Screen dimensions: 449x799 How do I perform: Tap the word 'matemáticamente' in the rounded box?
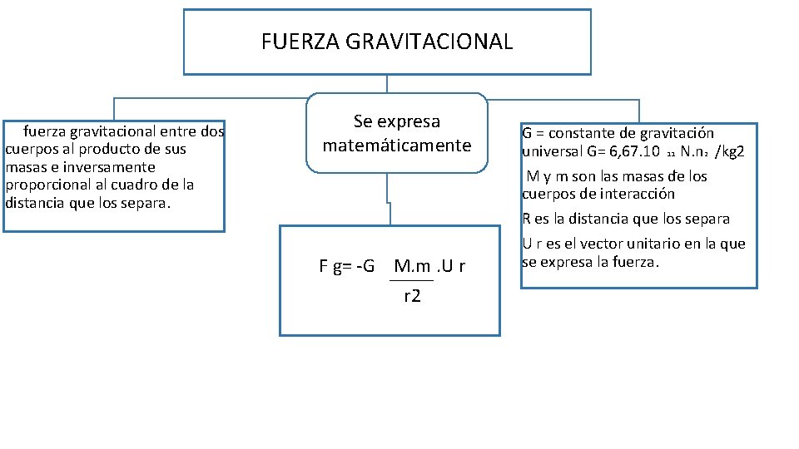pyautogui.click(x=397, y=146)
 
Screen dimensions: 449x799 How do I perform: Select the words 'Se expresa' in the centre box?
pyautogui.click(x=397, y=121)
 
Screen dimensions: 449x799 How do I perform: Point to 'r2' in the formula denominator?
pyautogui.click(x=412, y=295)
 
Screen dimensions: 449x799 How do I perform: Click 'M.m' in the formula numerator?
pyautogui.click(x=413, y=266)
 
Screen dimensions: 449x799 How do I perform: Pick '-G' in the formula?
pyautogui.click(x=364, y=266)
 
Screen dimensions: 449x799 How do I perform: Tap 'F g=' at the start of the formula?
pyautogui.click(x=335, y=266)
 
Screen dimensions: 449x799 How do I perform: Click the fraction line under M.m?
pyautogui.click(x=412, y=280)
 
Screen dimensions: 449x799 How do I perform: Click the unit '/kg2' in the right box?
pyautogui.click(x=730, y=152)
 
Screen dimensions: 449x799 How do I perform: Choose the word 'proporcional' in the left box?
pyautogui.click(x=45, y=185)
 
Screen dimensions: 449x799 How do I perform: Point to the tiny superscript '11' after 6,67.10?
pyautogui.click(x=670, y=155)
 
